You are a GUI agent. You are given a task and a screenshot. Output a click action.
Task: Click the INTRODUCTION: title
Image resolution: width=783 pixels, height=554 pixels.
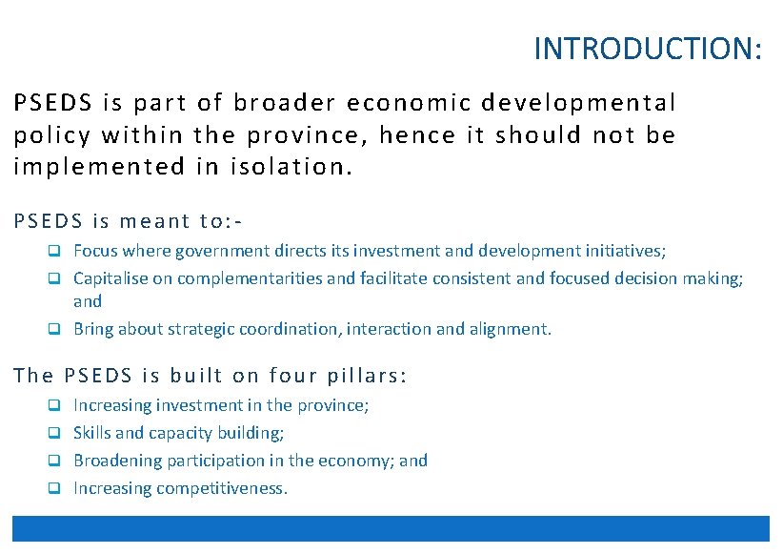(648, 49)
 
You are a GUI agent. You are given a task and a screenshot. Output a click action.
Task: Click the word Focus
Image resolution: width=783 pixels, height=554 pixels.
(95, 252)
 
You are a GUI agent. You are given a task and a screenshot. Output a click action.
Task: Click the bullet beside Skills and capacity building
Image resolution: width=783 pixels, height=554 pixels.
(55, 434)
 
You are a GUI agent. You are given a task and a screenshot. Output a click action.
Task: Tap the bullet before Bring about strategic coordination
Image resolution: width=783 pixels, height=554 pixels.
(55, 330)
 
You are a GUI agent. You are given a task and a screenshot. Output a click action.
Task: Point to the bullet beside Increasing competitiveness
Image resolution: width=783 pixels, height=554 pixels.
(55, 489)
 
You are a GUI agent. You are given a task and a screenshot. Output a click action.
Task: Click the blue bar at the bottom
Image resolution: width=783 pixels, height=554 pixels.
(391, 528)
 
